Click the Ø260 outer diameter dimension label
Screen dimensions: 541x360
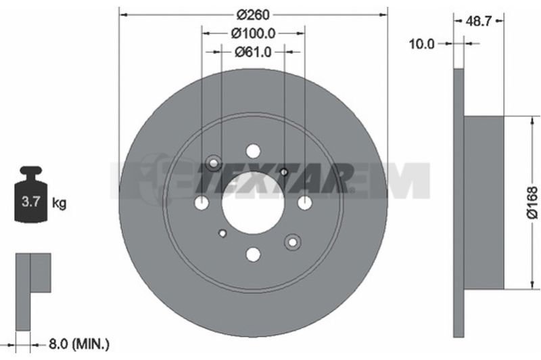tap(253, 14)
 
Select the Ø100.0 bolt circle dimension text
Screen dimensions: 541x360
tap(253, 33)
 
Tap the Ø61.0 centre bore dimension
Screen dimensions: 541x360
tap(253, 52)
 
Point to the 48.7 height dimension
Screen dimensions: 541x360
tap(478, 21)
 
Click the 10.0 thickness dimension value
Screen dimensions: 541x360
tap(421, 44)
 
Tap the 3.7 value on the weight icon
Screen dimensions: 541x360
tap(31, 201)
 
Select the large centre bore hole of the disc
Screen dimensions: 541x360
tap(253, 202)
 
